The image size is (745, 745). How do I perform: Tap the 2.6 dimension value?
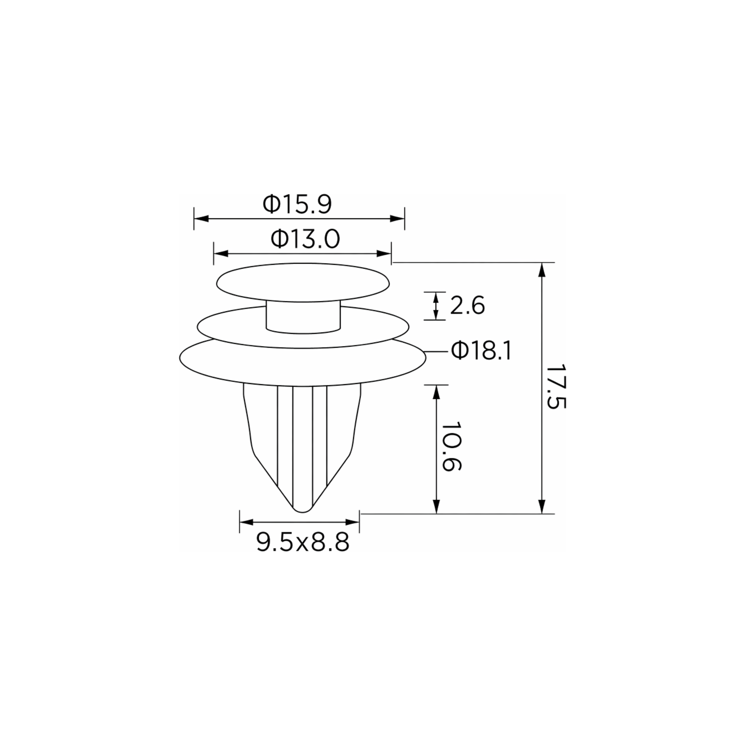(x=467, y=306)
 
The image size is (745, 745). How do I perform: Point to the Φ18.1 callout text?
(x=481, y=351)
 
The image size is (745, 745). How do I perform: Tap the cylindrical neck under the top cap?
(x=303, y=318)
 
